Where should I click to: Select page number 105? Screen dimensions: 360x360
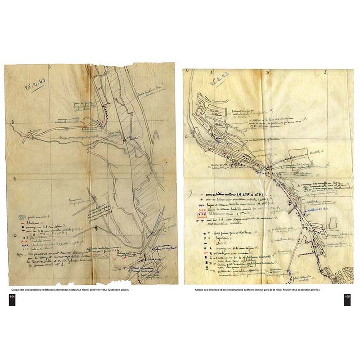coord(347,297)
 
